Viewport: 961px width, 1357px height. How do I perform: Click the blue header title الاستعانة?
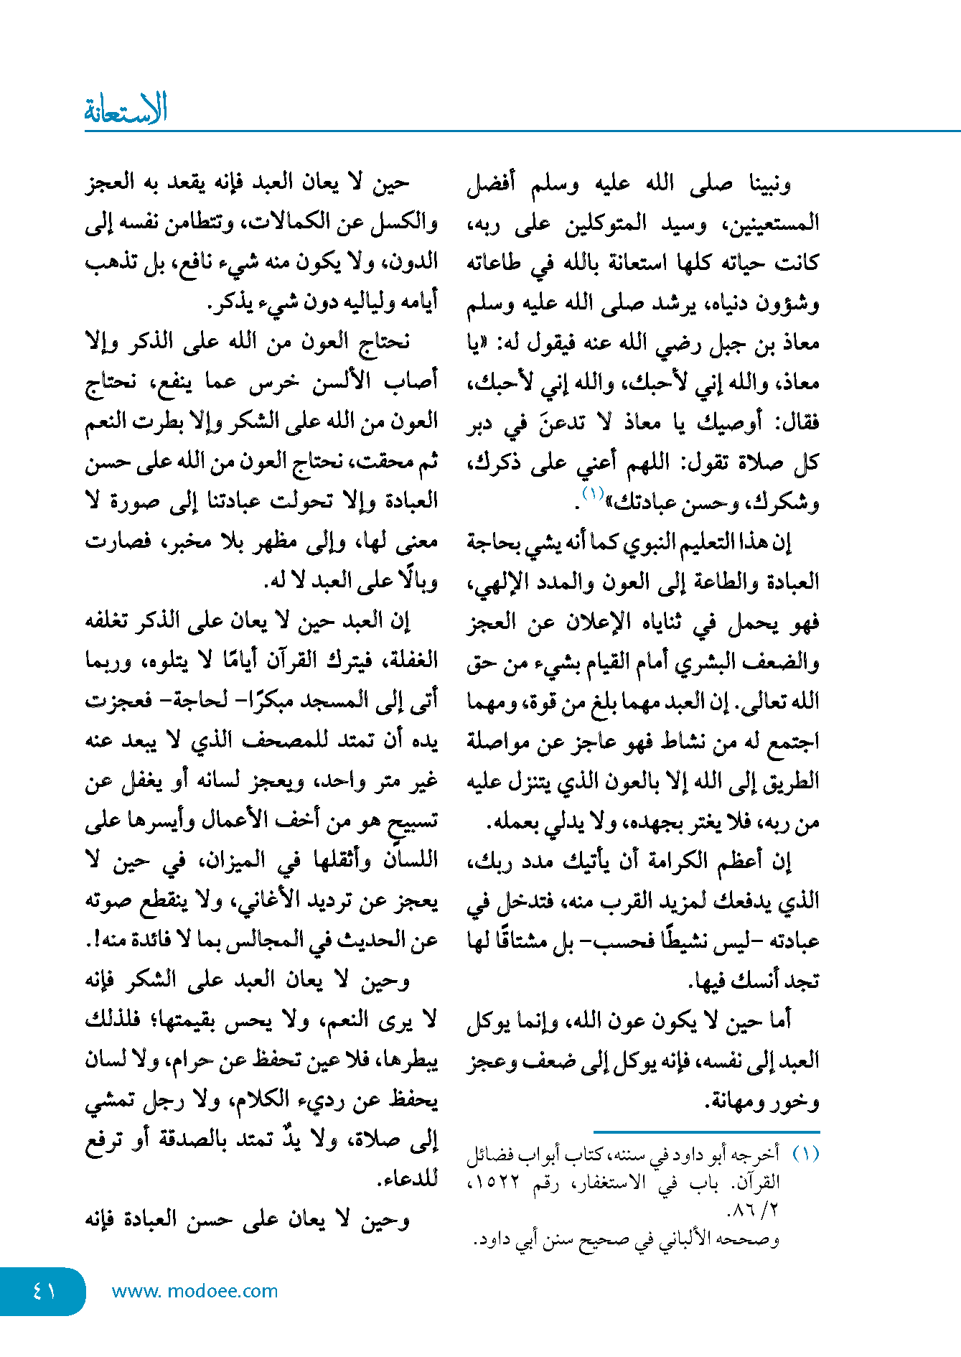point(126,109)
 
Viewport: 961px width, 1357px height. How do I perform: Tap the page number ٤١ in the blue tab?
point(44,1291)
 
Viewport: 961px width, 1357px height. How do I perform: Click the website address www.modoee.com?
point(194,1291)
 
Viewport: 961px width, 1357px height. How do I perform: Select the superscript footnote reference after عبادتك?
point(594,494)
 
